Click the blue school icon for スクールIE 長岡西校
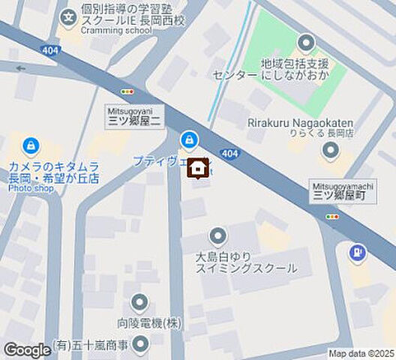69,14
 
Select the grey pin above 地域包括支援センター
305,43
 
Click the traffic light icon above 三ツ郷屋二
127,91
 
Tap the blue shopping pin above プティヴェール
188,139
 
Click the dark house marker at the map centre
198,169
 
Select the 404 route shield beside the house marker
230,154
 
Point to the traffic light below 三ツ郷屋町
331,217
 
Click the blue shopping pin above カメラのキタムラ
31,145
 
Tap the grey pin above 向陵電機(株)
139,303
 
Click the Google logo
27,349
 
